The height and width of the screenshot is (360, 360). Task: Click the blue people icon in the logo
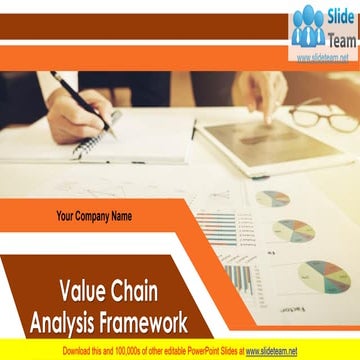[x=307, y=28]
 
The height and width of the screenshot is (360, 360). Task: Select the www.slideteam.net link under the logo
[x=323, y=57]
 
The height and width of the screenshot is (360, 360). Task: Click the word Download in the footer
[x=81, y=352]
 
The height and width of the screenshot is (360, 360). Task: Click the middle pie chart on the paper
[x=294, y=230]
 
